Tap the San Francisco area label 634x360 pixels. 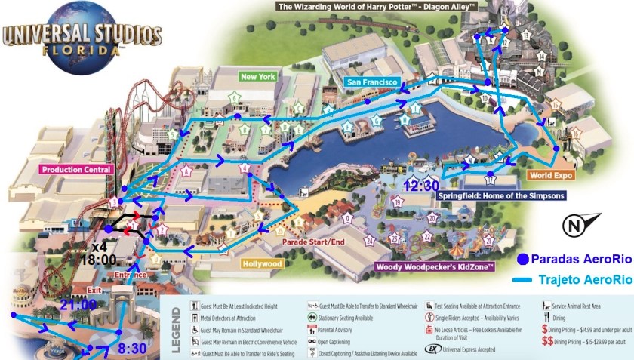coord(371,81)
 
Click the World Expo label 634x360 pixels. coord(552,175)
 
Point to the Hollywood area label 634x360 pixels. coord(262,264)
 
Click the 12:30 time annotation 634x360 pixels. coord(421,185)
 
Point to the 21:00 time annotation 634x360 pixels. coord(78,304)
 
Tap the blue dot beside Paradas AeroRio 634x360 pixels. coord(522,260)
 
